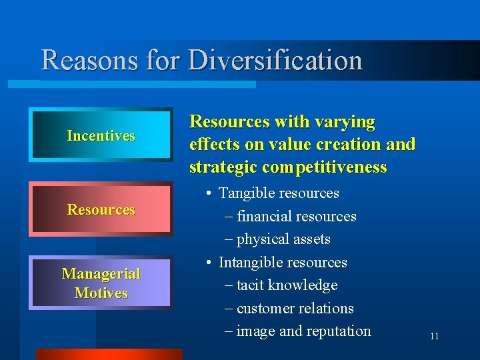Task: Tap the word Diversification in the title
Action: [275, 61]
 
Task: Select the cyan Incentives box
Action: [101, 135]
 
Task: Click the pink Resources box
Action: [101, 209]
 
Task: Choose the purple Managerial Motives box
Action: [101, 283]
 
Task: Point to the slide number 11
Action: [434, 336]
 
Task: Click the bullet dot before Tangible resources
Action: [209, 194]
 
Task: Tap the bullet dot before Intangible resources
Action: [209, 263]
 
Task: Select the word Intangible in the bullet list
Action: [250, 262]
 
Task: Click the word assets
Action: [312, 239]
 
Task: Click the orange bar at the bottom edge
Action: [108, 354]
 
